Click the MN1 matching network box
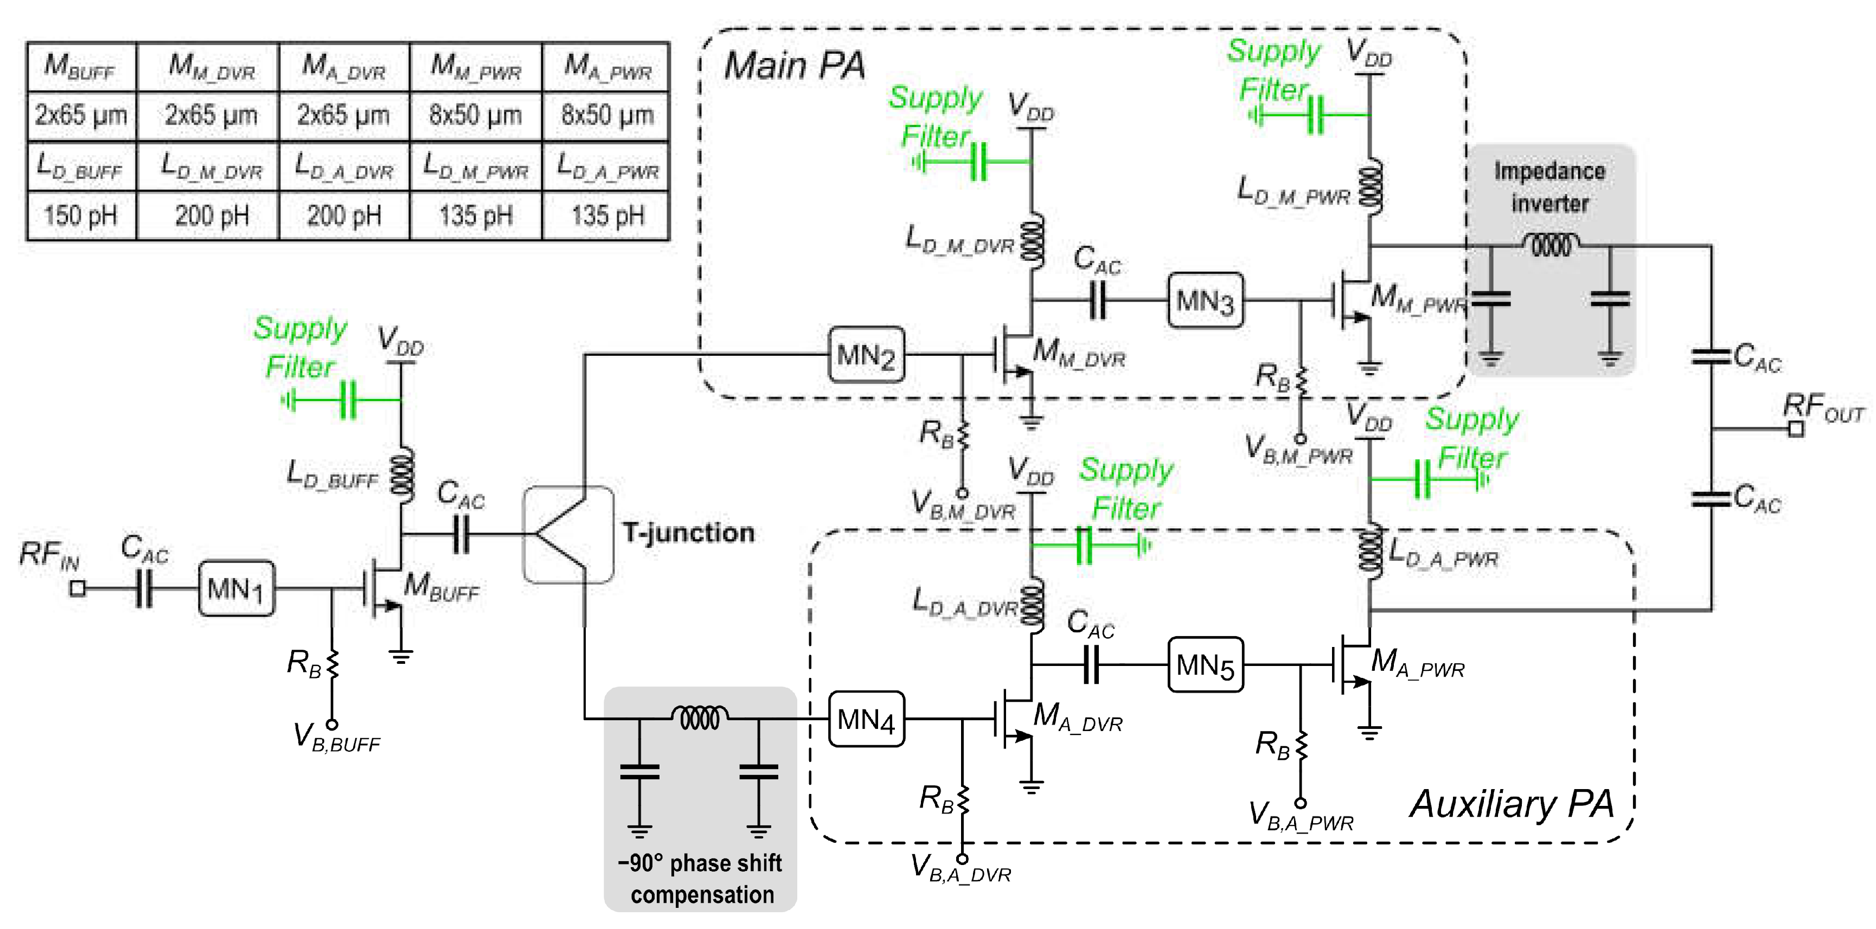click(236, 588)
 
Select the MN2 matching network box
click(867, 355)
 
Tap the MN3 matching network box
click(1205, 300)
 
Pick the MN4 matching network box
click(867, 719)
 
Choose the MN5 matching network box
click(1205, 665)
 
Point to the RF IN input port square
click(77, 588)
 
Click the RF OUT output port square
click(1796, 429)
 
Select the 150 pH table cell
click(81, 215)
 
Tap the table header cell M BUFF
click(81, 66)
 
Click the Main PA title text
click(794, 66)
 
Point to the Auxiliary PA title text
click(1511, 804)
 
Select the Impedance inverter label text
click(1550, 187)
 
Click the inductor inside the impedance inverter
click(1551, 245)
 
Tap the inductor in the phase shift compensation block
click(699, 718)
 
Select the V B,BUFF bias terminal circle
click(332, 725)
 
